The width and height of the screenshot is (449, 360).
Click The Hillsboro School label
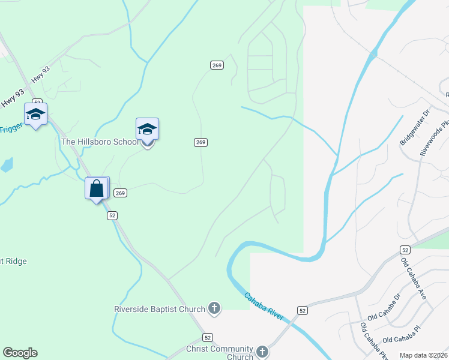coord(100,142)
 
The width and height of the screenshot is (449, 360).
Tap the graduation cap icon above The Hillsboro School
coord(147,128)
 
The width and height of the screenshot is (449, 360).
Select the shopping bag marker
coord(97,188)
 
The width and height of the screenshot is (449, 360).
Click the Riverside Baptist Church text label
coord(160,310)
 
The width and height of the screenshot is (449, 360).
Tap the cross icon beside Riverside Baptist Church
coord(214,310)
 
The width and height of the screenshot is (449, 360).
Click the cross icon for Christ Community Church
coord(262,352)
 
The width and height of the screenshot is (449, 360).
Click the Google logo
coord(20,353)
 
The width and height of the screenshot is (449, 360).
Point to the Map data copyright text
coord(424,355)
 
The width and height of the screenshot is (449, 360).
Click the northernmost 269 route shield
coord(217,65)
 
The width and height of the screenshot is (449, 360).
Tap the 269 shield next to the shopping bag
coord(120,193)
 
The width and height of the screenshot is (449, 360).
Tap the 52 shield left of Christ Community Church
coord(207,338)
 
